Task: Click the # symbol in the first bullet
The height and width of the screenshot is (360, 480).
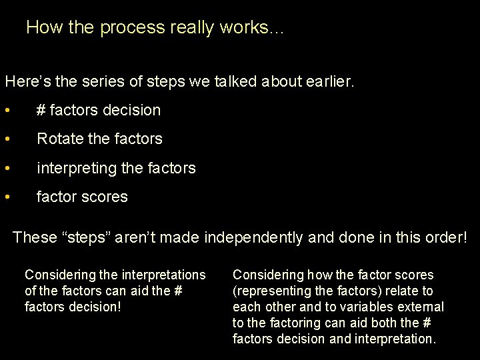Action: point(41,111)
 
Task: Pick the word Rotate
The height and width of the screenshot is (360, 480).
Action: point(59,139)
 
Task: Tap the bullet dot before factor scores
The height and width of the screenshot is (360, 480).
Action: point(7,197)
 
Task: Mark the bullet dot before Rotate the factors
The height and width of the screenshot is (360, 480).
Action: point(7,139)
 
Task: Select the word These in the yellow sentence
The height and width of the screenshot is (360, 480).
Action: point(35,237)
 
